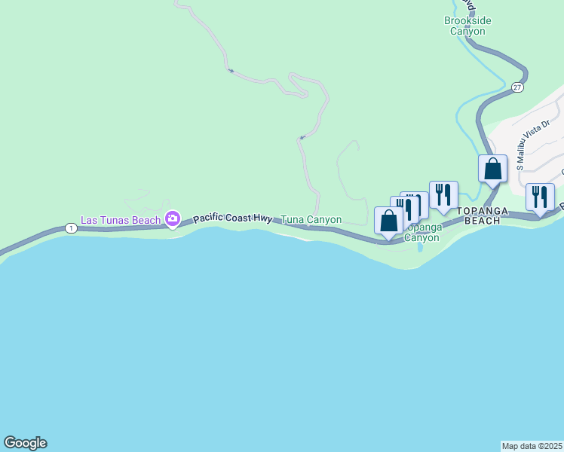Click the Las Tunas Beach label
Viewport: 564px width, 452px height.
pyautogui.click(x=121, y=220)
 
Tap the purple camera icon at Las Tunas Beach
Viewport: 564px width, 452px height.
pyautogui.click(x=173, y=219)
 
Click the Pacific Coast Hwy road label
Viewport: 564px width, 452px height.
pyautogui.click(x=232, y=218)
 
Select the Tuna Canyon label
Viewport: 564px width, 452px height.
pyautogui.click(x=311, y=220)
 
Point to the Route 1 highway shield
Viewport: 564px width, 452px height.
pyautogui.click(x=71, y=228)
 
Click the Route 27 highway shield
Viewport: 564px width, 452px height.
pyautogui.click(x=516, y=87)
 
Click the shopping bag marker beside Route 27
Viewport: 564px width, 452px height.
pyautogui.click(x=492, y=169)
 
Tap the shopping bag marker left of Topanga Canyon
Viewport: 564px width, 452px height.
pyautogui.click(x=388, y=221)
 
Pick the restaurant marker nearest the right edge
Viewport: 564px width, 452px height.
pyautogui.click(x=540, y=197)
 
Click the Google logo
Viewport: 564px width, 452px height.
pyautogui.click(x=25, y=443)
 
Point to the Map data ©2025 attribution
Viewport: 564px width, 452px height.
pyautogui.click(x=532, y=446)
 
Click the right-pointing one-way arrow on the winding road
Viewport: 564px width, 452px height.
pyautogui.click(x=231, y=72)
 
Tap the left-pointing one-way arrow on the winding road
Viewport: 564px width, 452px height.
pyautogui.click(x=301, y=138)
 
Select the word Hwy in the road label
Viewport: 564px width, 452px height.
pyautogui.click(x=262, y=218)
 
